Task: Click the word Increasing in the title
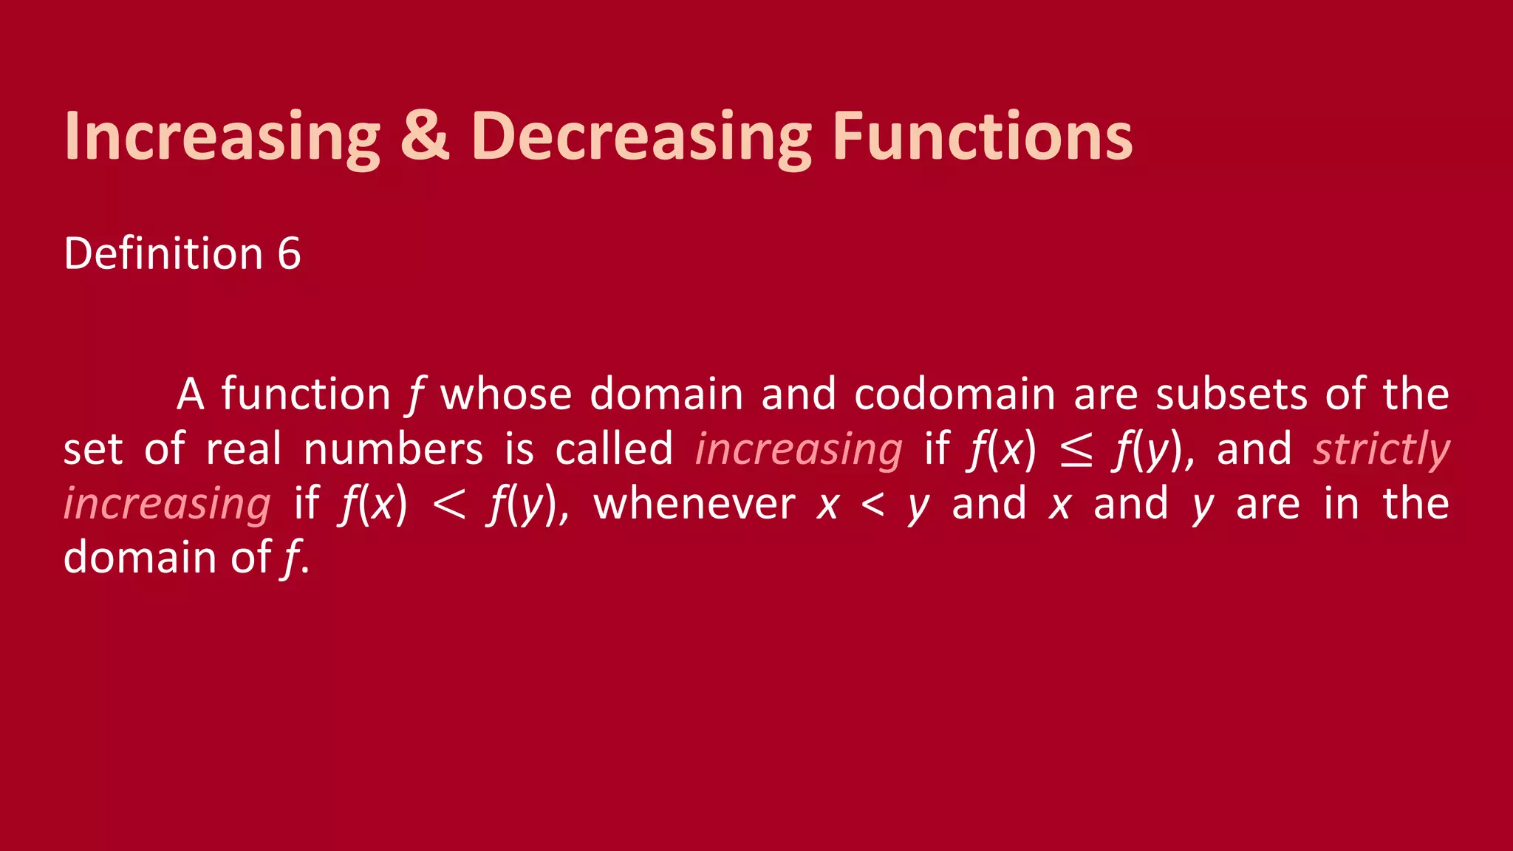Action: (222, 137)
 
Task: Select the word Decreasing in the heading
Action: (641, 137)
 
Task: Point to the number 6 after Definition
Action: (289, 254)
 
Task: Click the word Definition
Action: (163, 254)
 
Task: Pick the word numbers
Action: (393, 449)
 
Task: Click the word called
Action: (614, 449)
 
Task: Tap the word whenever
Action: (694, 504)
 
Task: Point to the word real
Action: (244, 449)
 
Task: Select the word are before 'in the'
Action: (1268, 504)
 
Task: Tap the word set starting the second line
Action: (92, 449)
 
